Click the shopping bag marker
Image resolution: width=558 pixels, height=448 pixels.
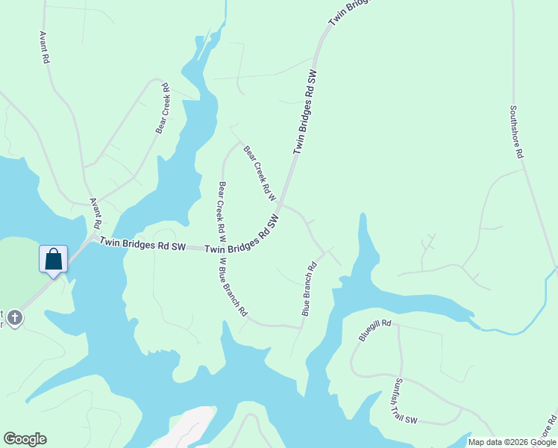click(x=54, y=259)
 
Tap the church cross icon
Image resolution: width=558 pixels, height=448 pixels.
click(x=14, y=318)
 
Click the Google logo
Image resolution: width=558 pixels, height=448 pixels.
click(x=25, y=439)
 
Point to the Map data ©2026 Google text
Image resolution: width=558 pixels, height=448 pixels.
click(x=512, y=442)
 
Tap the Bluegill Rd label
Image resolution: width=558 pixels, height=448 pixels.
click(x=374, y=330)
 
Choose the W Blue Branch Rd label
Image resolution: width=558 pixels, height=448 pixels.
click(x=232, y=287)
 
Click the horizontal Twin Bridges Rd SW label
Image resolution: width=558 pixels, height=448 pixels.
click(x=142, y=244)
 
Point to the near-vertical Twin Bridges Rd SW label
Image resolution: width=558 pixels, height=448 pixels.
click(x=306, y=112)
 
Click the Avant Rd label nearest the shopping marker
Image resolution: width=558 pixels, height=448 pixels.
click(x=95, y=214)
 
